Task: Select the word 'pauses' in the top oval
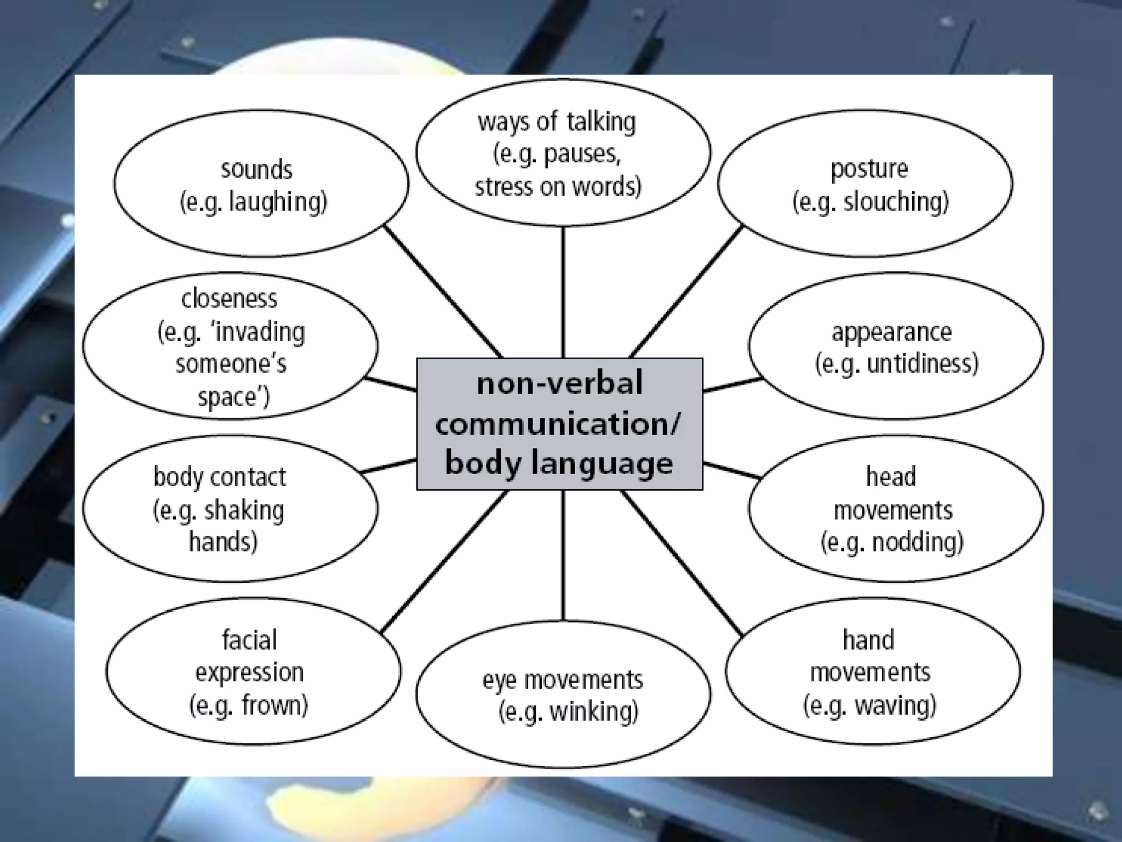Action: click(582, 154)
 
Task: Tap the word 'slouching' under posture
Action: click(896, 202)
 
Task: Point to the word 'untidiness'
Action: click(922, 363)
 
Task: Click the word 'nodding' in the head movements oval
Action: click(917, 542)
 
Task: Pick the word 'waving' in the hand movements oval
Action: click(895, 705)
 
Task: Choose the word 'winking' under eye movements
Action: click(594, 712)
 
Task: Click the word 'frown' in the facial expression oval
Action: click(274, 705)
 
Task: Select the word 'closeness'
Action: click(229, 299)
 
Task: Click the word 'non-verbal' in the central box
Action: click(559, 383)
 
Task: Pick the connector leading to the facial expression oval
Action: click(444, 561)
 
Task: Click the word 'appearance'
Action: click(891, 332)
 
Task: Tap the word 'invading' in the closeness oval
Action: click(260, 332)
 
